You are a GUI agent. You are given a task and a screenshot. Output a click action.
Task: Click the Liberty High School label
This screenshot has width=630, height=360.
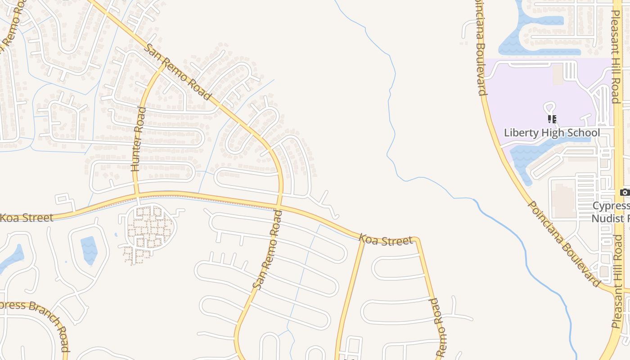[552, 133]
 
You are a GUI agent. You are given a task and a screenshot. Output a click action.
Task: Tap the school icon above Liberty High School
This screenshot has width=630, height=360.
[552, 119]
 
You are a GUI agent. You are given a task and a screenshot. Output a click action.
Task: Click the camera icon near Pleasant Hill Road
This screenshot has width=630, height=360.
[624, 193]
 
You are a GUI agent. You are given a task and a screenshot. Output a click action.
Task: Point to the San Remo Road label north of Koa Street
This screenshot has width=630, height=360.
[178, 72]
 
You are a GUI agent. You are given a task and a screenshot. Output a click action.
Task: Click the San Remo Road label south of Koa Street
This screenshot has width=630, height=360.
[267, 250]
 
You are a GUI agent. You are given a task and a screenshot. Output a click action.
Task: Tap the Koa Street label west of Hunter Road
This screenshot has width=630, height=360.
[26, 218]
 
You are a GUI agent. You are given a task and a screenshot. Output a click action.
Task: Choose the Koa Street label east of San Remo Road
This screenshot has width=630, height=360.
[386, 240]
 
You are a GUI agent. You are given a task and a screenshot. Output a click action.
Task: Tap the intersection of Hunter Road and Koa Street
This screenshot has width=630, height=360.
[136, 195]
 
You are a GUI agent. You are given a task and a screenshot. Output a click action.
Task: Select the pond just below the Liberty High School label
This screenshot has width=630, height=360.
[531, 153]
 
